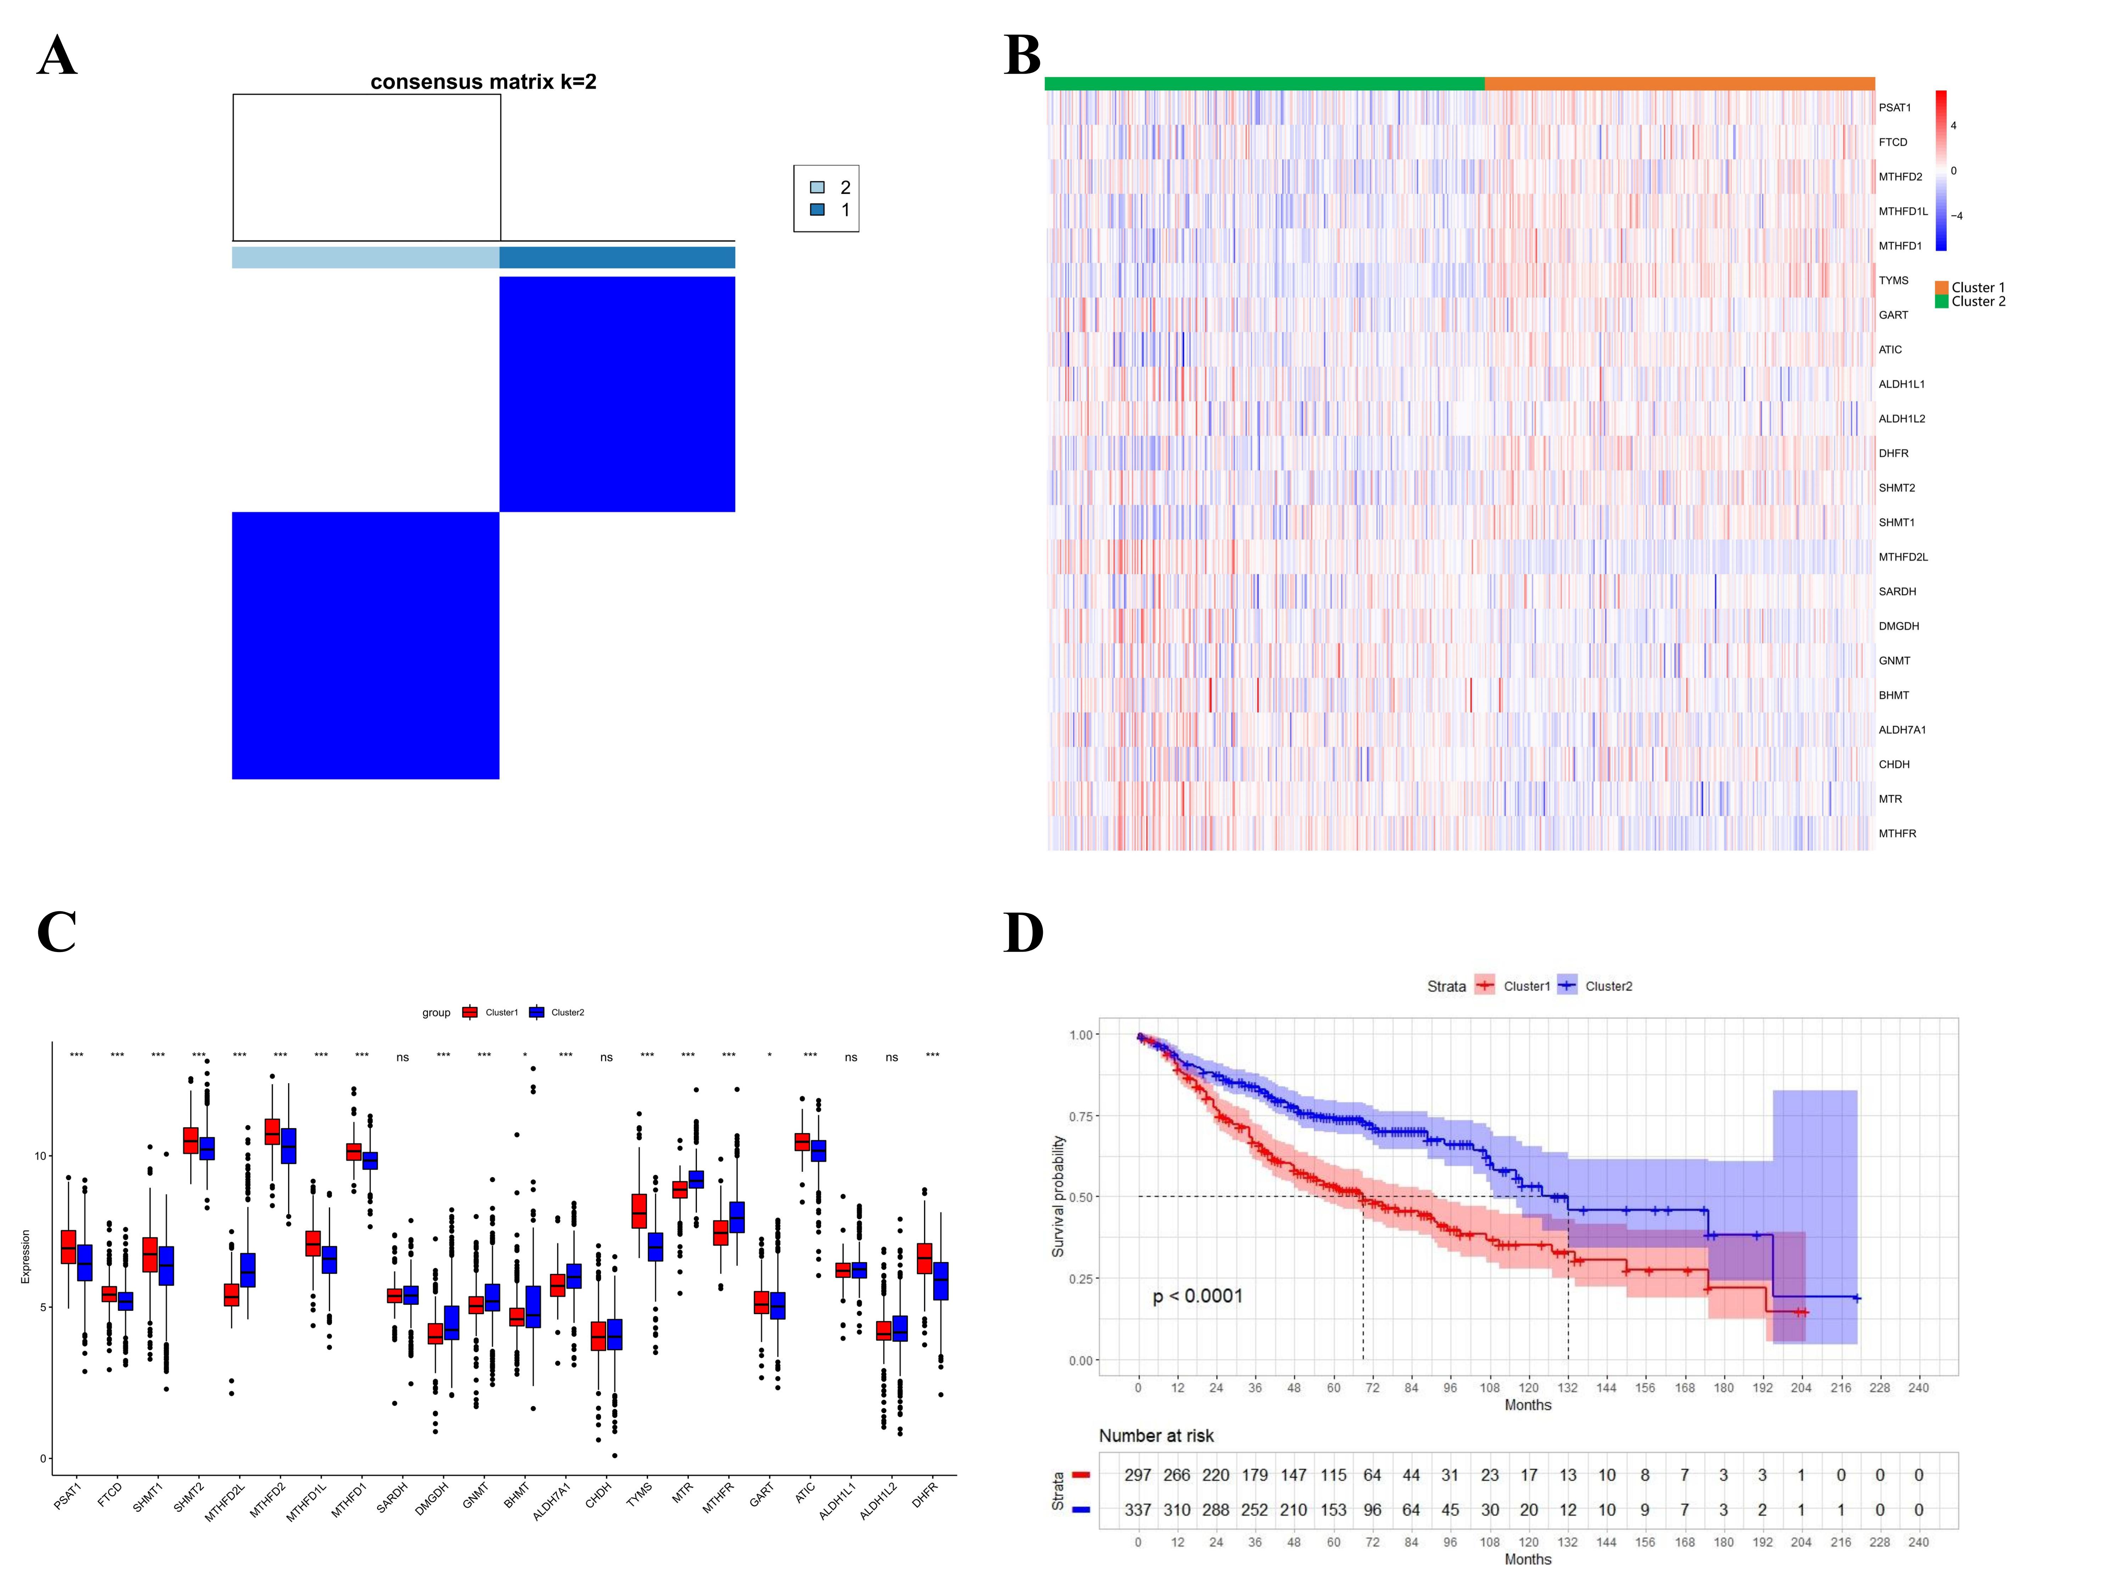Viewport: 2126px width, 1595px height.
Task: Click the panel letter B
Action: (x=1023, y=56)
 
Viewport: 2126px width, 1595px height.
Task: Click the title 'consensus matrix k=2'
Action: (x=483, y=82)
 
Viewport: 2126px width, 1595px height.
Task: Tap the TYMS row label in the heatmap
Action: (x=1894, y=281)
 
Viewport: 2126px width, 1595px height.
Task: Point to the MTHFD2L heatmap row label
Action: (x=1903, y=557)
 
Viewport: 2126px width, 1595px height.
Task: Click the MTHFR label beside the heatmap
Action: (x=1897, y=834)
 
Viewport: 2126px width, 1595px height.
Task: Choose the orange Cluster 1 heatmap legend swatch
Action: (x=1941, y=287)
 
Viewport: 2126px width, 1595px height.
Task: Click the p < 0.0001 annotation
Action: (x=1198, y=1296)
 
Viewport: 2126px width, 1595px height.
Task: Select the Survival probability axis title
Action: (x=1058, y=1197)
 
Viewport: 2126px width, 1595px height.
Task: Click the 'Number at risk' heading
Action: (x=1156, y=1435)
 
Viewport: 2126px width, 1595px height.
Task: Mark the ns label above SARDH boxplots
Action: (x=403, y=1058)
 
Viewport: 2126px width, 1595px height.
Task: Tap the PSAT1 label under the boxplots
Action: (x=67, y=1496)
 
